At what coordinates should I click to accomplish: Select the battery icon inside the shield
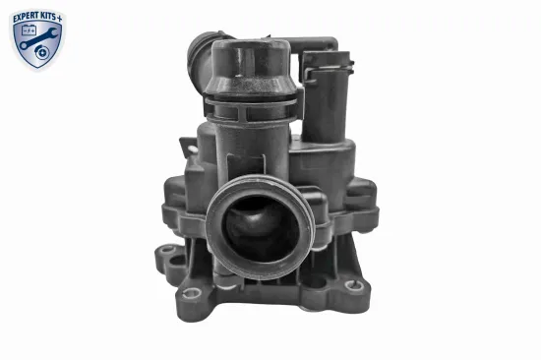click(x=28, y=33)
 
